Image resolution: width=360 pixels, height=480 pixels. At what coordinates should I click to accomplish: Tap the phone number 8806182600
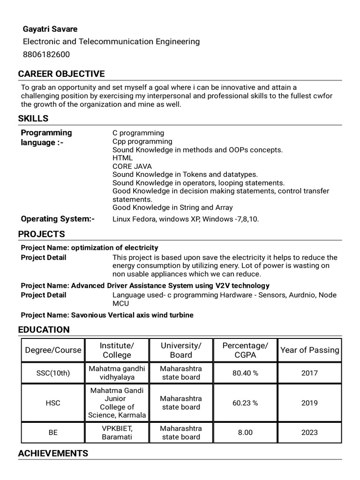tap(46, 54)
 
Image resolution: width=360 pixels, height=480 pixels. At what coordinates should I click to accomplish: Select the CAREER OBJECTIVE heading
tap(61, 74)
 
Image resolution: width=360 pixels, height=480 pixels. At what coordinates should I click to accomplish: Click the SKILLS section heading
tap(33, 119)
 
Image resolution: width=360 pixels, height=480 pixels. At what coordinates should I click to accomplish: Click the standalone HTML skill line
tap(122, 158)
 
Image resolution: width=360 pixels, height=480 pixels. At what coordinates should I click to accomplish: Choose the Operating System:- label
tap(58, 219)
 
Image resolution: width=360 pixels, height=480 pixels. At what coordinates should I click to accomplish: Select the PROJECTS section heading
tap(41, 234)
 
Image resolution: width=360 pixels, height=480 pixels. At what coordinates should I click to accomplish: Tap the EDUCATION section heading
tap(44, 330)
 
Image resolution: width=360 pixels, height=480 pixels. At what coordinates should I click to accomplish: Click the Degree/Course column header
tap(53, 350)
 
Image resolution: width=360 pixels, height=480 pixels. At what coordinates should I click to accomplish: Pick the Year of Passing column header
tap(310, 350)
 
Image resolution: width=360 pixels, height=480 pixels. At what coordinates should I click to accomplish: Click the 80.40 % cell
tap(245, 373)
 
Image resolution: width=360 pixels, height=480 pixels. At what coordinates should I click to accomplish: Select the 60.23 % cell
tap(245, 403)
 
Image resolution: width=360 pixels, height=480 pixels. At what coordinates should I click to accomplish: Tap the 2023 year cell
tap(310, 433)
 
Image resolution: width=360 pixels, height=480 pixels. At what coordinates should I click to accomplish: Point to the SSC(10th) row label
tap(53, 373)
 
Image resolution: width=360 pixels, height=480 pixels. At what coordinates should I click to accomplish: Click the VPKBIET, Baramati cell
tap(117, 433)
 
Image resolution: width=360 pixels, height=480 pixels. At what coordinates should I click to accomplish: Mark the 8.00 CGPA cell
tap(245, 433)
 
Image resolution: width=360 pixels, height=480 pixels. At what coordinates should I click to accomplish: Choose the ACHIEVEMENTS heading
tap(53, 453)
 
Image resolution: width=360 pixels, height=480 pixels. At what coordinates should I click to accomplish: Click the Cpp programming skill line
tap(142, 142)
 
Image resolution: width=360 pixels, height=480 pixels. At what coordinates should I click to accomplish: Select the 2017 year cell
tap(310, 373)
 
